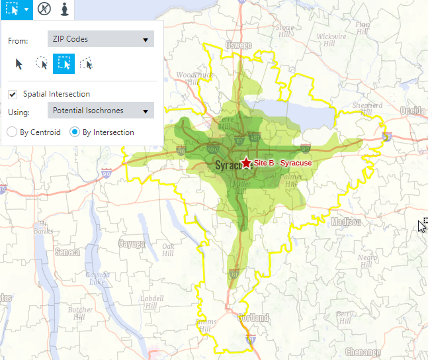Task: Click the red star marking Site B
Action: pos(247,162)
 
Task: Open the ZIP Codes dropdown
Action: pos(101,39)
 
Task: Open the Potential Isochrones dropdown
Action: pos(101,111)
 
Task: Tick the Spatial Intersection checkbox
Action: pos(13,94)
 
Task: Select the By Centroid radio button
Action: pos(12,132)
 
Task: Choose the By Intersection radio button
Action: pos(75,132)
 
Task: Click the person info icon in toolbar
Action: pos(64,9)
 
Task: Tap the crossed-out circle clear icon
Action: pos(44,9)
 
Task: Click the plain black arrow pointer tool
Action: pos(19,63)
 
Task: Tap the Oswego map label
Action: pos(239,46)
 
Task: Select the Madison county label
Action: pos(347,222)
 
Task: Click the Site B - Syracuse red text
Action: pos(282,163)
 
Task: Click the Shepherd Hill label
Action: pos(366,109)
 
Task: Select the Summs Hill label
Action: pos(205,325)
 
